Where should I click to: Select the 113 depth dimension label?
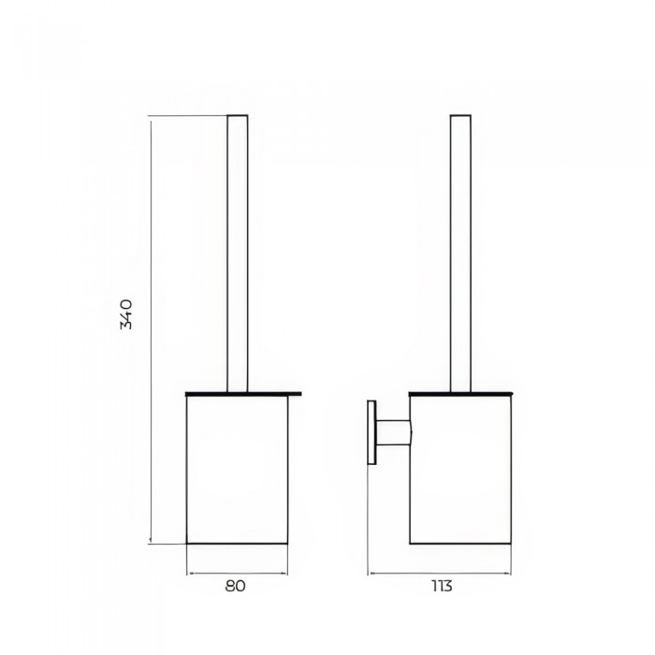coord(441,587)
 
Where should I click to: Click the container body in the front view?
coord(237,468)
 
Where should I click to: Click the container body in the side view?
coord(460,468)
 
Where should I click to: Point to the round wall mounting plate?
coord(371,432)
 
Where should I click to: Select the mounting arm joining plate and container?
coord(393,432)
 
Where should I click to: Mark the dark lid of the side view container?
coord(460,391)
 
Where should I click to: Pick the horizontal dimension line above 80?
coord(237,572)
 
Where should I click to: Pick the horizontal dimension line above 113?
coord(440,572)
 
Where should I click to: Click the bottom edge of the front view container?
coord(237,543)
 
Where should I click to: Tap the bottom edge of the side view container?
coord(460,543)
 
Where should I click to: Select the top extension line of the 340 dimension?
coord(187,115)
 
